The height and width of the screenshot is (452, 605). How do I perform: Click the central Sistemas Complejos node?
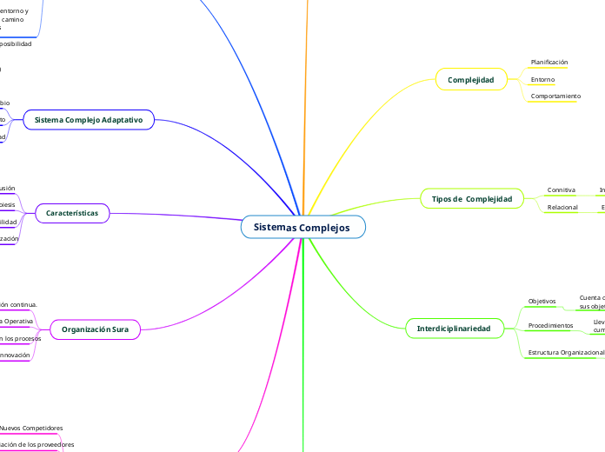(302, 227)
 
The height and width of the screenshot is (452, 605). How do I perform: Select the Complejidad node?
(470, 80)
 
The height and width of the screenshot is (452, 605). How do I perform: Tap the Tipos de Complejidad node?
(471, 199)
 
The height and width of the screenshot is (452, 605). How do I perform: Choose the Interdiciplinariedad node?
(454, 329)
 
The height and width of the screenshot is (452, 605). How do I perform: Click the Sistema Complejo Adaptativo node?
(88, 118)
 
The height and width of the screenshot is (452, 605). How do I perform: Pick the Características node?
(72, 213)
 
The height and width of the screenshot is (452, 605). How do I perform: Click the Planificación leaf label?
(549, 63)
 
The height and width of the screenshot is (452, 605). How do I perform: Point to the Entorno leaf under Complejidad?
(542, 80)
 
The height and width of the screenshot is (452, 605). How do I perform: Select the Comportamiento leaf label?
(555, 96)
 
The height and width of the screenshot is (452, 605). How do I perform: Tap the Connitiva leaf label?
(561, 189)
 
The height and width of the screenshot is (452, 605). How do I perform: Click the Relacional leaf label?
(562, 208)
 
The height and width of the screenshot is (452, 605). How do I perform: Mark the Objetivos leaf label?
(542, 301)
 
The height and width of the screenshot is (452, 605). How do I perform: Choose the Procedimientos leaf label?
(551, 325)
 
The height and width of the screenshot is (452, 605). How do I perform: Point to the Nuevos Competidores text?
(31, 428)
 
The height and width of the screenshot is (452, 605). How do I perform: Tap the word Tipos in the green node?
(442, 199)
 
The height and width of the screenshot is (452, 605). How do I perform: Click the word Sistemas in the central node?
(276, 227)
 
